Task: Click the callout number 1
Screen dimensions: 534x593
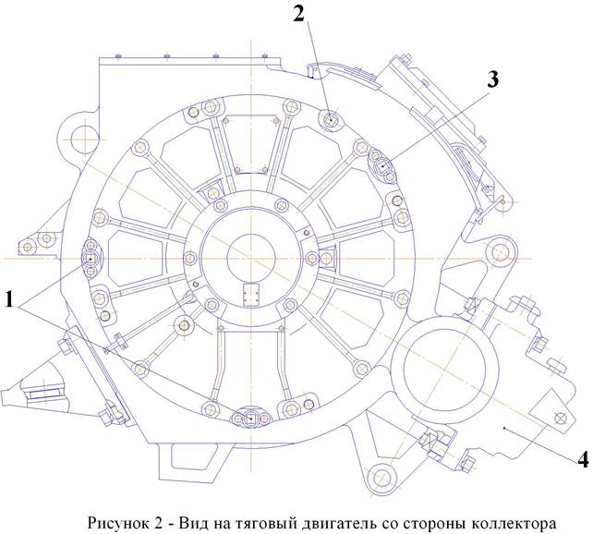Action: pyautogui.click(x=11, y=298)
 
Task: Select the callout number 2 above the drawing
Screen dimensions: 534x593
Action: pyautogui.click(x=298, y=13)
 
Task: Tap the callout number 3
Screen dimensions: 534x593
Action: pyautogui.click(x=492, y=80)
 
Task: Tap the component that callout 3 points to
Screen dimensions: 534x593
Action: pyautogui.click(x=383, y=165)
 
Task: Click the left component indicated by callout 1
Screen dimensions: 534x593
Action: pyautogui.click(x=91, y=253)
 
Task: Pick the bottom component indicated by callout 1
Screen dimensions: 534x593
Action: pyautogui.click(x=251, y=419)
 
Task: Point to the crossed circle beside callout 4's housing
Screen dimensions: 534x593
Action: pyautogui.click(x=557, y=417)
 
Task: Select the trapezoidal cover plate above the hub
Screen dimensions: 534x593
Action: pyautogui.click(x=251, y=143)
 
